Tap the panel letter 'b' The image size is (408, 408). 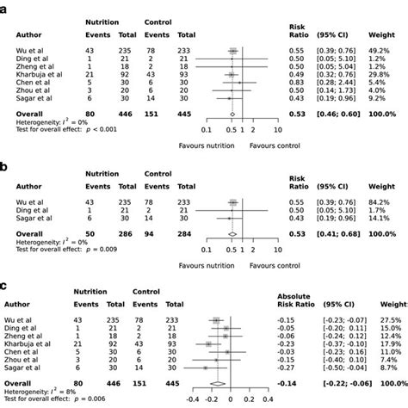(6, 152)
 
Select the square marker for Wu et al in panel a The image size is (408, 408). (232, 51)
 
